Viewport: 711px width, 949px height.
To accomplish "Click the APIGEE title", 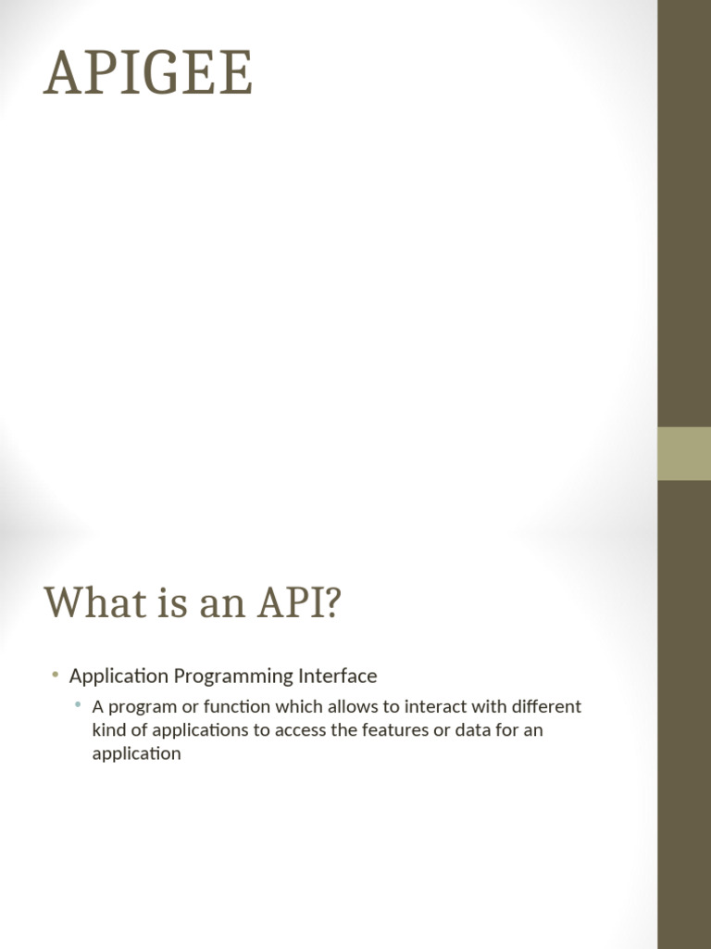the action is click(x=148, y=72).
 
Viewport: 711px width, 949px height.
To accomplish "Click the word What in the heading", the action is click(x=95, y=602).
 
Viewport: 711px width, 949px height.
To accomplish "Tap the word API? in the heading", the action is click(x=299, y=602).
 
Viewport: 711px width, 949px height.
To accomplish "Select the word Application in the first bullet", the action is click(x=118, y=676).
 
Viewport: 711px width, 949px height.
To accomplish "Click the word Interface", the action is click(x=337, y=676).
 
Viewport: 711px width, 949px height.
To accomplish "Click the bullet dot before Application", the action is click(x=56, y=675).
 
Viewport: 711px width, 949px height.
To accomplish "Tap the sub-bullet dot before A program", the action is click(x=78, y=704).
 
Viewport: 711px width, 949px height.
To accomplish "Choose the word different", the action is click(x=546, y=706).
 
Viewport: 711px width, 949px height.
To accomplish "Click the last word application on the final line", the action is click(x=137, y=754).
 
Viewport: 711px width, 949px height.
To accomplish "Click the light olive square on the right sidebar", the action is click(x=684, y=454).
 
